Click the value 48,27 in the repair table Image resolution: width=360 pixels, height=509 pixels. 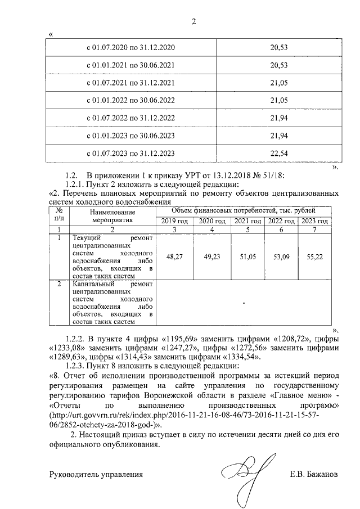click(x=172, y=256)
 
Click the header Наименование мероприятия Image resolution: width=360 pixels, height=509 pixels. click(x=112, y=216)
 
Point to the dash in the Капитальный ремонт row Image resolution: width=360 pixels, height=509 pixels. click(x=244, y=303)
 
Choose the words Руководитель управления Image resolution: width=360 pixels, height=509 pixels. click(x=96, y=474)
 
